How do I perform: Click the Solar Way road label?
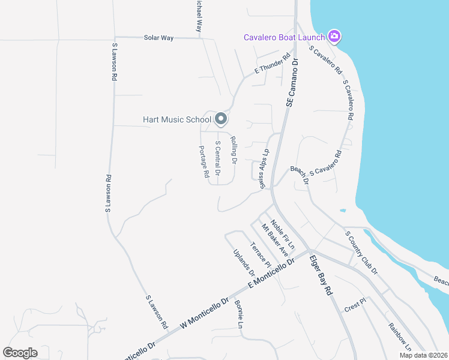coord(158,38)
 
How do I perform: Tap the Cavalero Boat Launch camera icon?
coord(335,37)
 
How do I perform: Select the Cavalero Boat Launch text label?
coord(284,37)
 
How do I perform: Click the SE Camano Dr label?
coord(293,83)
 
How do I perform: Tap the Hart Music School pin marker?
coord(221,119)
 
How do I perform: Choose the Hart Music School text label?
coord(177,119)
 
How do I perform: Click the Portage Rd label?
coord(203,161)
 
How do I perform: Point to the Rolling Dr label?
coord(234,149)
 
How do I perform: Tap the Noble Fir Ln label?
coord(283,235)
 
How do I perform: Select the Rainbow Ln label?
coord(399,337)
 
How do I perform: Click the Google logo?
coord(20,353)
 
